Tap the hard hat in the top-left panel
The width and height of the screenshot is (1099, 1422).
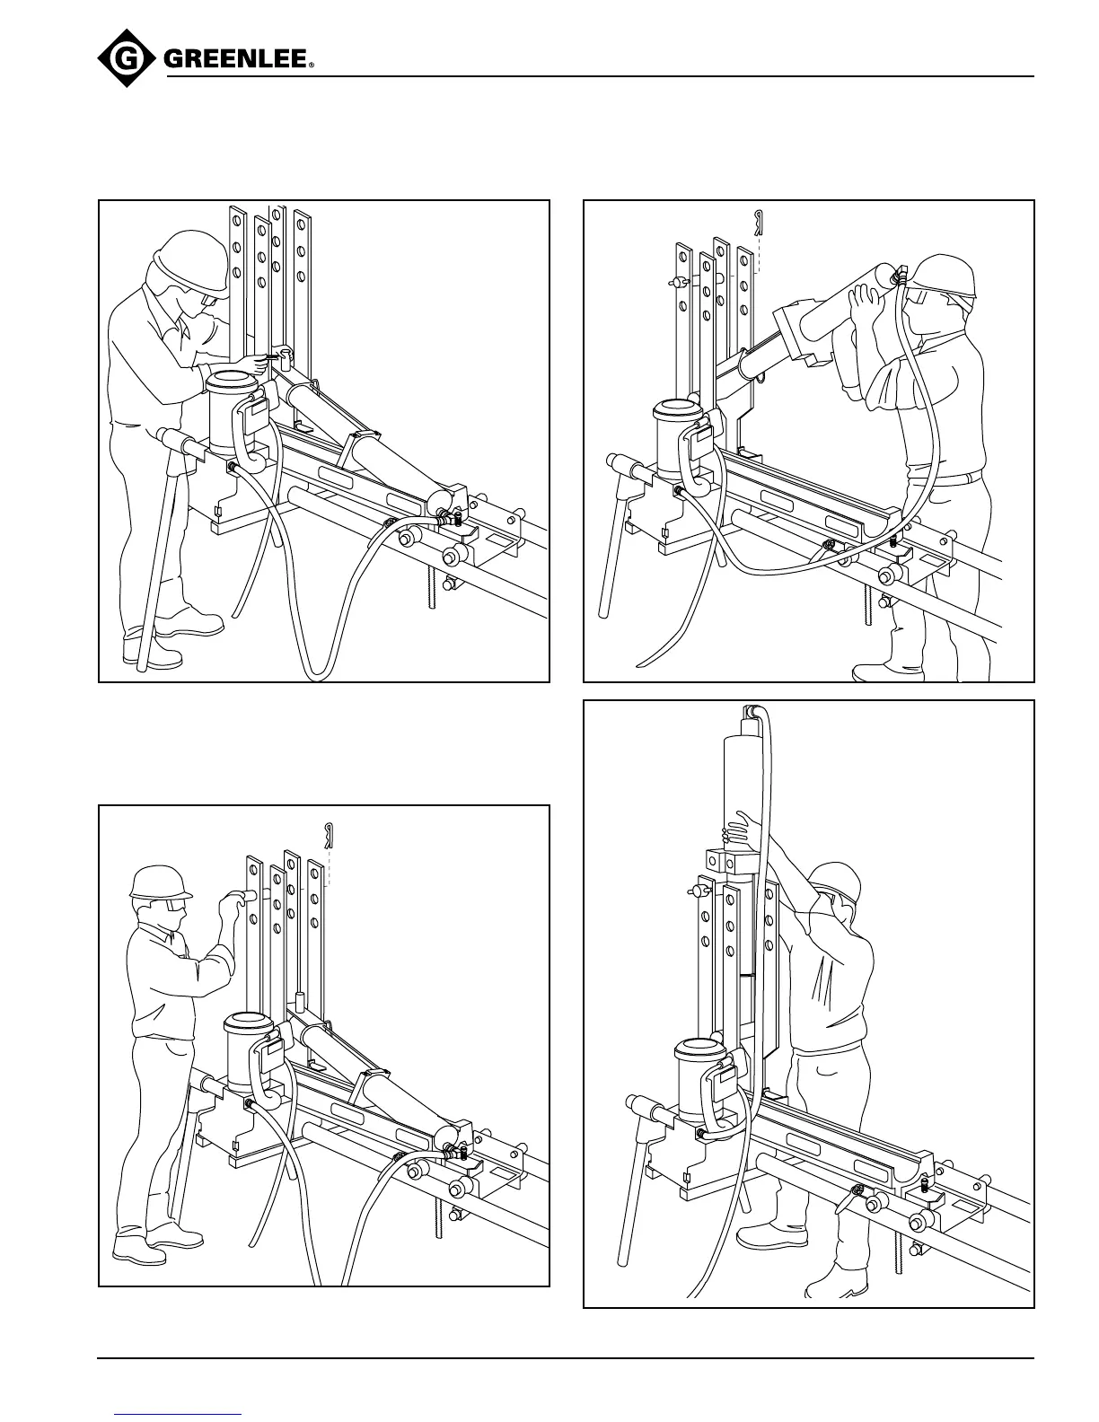(x=190, y=255)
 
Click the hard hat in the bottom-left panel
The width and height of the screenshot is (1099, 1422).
(x=159, y=882)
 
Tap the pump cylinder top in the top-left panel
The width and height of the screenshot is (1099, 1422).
(x=233, y=381)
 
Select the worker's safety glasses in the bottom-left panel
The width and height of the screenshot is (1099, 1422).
(x=173, y=907)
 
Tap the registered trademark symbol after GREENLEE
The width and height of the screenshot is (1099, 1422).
(x=312, y=66)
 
